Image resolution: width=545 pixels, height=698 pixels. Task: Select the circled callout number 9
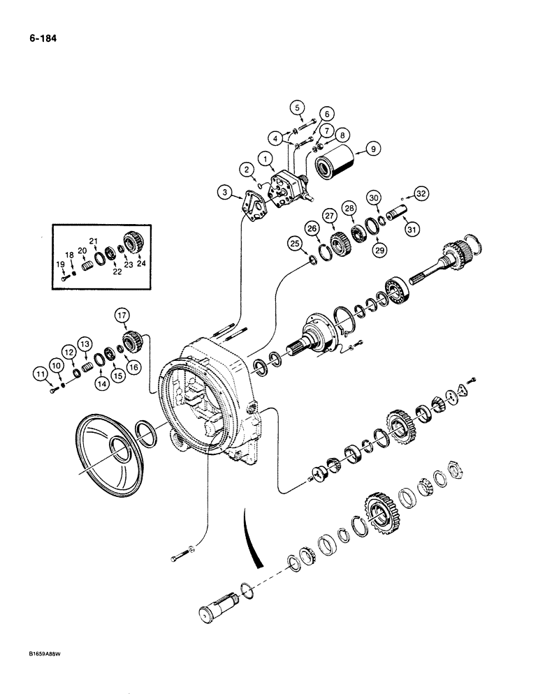click(373, 148)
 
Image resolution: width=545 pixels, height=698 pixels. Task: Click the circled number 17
click(123, 317)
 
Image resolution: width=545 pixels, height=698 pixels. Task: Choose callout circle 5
click(298, 107)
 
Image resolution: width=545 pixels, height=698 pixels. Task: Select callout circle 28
click(348, 208)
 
